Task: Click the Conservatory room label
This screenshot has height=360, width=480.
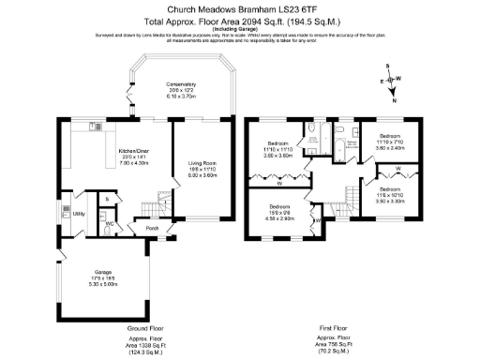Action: pos(181,88)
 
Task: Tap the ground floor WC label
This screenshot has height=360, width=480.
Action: pos(110,223)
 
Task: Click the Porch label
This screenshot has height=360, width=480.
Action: pos(151,228)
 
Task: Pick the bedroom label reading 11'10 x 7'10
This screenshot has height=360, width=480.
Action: pos(390,138)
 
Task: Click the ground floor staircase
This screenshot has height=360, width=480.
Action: pos(148,207)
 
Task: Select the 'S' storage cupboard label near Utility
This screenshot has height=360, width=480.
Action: pos(108,199)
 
